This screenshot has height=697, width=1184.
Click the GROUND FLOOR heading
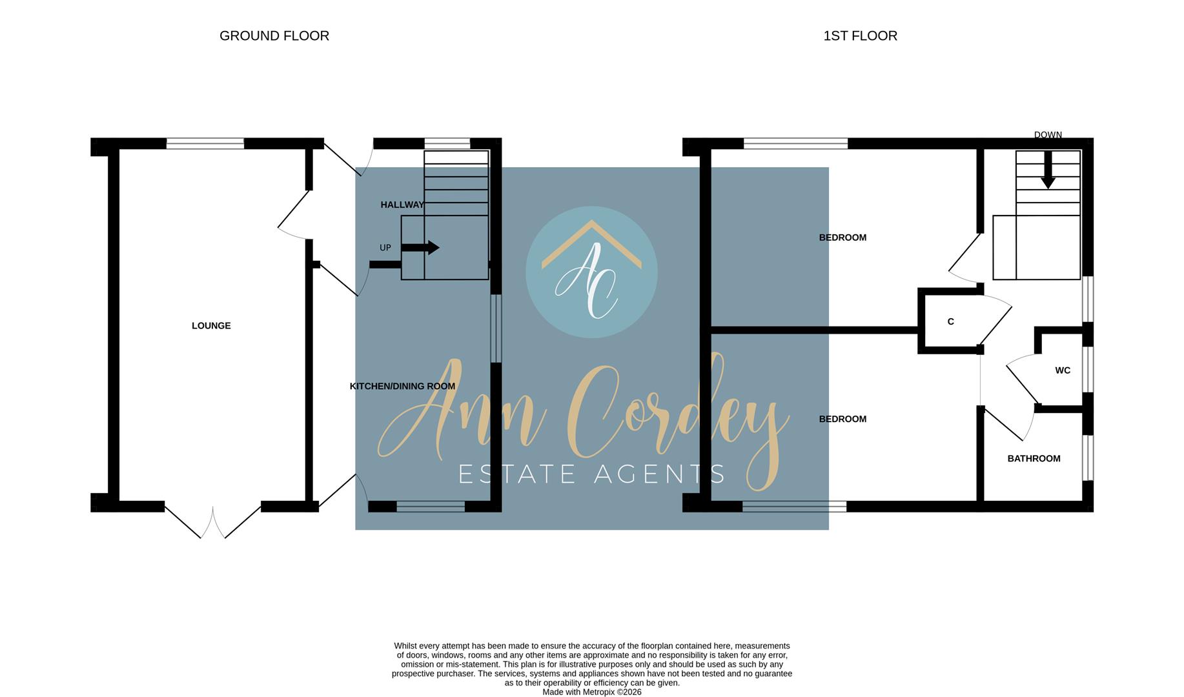point(274,36)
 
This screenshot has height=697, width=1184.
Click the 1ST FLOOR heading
point(860,36)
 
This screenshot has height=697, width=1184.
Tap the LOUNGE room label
point(211,326)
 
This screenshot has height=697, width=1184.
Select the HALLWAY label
point(402,205)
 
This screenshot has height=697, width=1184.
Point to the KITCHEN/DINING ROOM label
point(402,387)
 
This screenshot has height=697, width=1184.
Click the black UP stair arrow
point(420,248)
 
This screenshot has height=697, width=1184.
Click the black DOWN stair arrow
point(1048,170)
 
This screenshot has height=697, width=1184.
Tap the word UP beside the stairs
point(385,248)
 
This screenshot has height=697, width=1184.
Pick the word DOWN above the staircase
point(1048,135)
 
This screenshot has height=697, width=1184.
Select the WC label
point(1063,370)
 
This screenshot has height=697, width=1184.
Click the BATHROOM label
point(1034,459)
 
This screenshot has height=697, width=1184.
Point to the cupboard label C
point(950,322)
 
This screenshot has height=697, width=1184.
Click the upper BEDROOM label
point(842,237)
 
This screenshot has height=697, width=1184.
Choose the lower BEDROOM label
point(842,419)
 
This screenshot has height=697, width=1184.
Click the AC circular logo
point(591,272)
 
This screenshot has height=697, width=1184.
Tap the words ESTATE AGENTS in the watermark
point(591,474)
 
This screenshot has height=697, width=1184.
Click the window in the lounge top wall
point(205,144)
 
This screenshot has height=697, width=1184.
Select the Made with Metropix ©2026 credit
point(592,692)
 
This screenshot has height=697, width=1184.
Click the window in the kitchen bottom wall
point(431,507)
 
